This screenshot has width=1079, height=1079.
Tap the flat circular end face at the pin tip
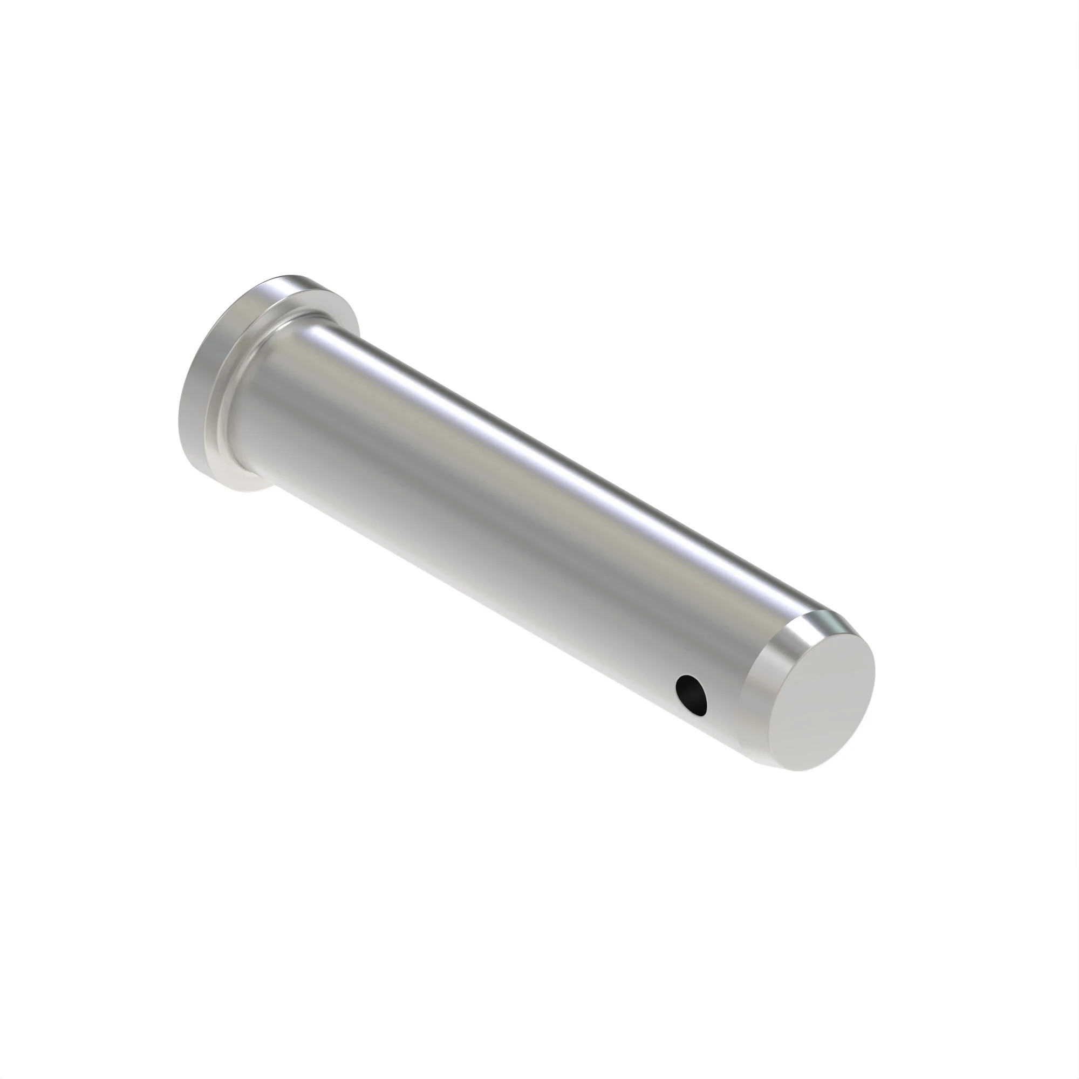pyautogui.click(x=821, y=697)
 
